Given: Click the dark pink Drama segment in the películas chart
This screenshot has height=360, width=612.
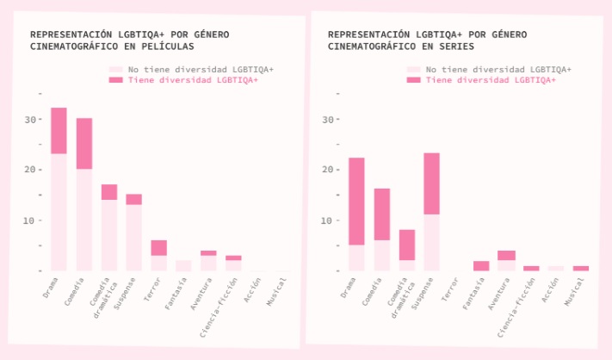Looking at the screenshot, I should coord(59,130).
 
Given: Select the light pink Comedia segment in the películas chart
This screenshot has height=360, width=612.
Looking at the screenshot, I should coord(84,220).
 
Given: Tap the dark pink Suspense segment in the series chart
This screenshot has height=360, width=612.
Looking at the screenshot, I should coord(432,183).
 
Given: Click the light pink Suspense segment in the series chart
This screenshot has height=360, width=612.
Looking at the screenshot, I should coord(432,243).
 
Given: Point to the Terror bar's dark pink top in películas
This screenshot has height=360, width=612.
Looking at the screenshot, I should coord(159,248).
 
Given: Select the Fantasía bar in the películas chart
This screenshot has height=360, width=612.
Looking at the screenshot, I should coord(183,265).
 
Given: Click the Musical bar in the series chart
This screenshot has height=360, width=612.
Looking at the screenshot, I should coord(581,269).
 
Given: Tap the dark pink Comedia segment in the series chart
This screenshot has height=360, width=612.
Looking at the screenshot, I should coord(382,214).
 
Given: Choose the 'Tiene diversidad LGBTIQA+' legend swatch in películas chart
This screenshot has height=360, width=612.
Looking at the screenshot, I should coord(115,80).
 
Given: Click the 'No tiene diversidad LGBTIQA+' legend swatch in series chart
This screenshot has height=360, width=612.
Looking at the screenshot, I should coord(414,69).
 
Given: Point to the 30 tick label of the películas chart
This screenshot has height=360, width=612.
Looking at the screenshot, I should coord(32,119).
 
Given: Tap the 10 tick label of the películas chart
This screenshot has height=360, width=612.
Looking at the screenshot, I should coord(32,220).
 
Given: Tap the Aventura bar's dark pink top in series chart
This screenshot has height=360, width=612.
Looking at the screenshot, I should coord(506,255).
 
